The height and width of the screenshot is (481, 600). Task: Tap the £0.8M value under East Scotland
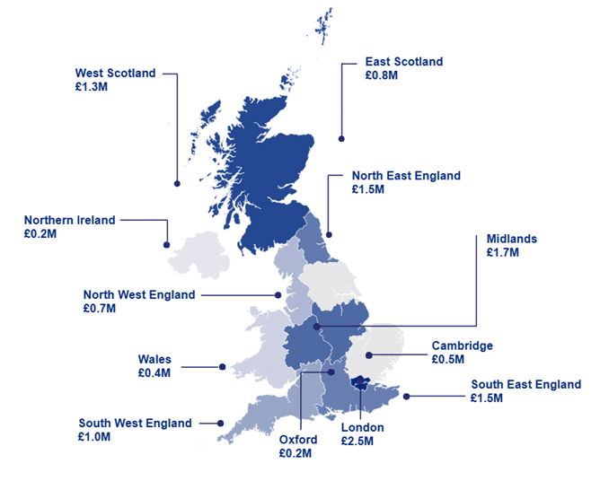pos(381,76)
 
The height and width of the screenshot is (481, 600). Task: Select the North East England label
pos(406,176)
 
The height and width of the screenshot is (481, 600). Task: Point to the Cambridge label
pos(462,345)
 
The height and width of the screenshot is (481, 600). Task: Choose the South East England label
pos(525,385)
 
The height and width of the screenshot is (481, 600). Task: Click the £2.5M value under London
pos(357,442)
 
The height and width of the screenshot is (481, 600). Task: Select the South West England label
pos(135,423)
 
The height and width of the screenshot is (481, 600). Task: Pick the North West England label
pos(138,294)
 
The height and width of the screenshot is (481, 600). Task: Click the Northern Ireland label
pos(69,220)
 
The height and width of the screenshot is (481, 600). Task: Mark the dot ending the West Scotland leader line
pos(177,183)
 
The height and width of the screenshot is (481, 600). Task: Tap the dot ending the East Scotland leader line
pos(341,138)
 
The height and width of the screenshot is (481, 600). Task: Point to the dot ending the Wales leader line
pos(221,366)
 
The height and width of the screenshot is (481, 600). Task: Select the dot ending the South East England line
pos(408,396)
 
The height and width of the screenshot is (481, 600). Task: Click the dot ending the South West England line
pos(221,423)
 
